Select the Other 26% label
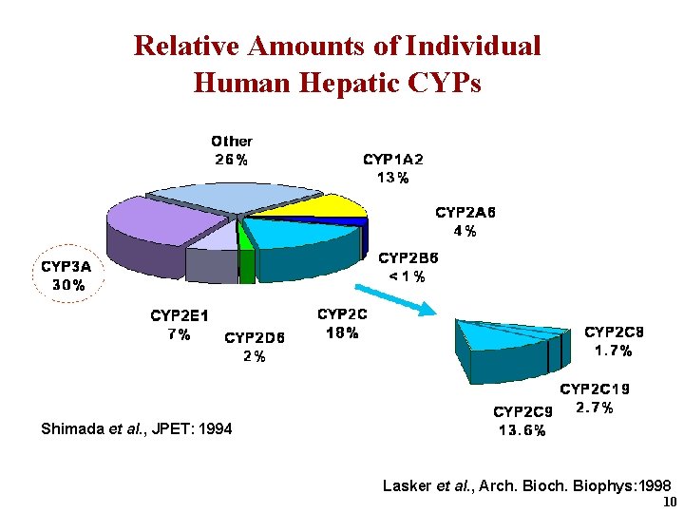pos(232,150)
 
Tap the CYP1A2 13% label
pos(392,168)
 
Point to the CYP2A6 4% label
pos(465,221)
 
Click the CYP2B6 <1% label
pos(409,267)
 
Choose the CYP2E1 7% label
pos(180,324)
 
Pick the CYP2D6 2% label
pos(254,346)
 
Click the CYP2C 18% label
pos(342,323)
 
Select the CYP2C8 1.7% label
pos(614,341)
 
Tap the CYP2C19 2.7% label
pos(595,399)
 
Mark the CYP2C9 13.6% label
pos(522,421)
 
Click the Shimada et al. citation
pos(136,429)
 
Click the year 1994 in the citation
pos(216,429)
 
